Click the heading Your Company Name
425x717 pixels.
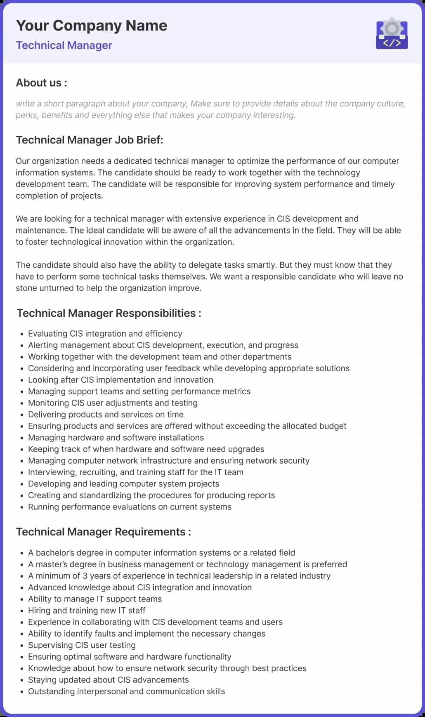92,26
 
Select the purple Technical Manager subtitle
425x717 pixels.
64,45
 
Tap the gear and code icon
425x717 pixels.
392,34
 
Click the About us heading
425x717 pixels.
41,83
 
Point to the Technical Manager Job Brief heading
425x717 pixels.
90,140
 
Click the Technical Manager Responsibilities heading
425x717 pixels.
109,313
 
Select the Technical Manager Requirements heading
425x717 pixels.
104,532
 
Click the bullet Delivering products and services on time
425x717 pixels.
106,415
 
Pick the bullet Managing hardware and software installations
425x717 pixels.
116,438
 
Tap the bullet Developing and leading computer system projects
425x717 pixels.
124,484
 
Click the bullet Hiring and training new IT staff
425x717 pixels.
87,611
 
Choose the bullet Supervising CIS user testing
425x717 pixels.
82,645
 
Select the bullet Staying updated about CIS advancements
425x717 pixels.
109,680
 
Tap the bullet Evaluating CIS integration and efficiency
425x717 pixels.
105,334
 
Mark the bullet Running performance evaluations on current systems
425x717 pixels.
130,507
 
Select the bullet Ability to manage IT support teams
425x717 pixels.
95,599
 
